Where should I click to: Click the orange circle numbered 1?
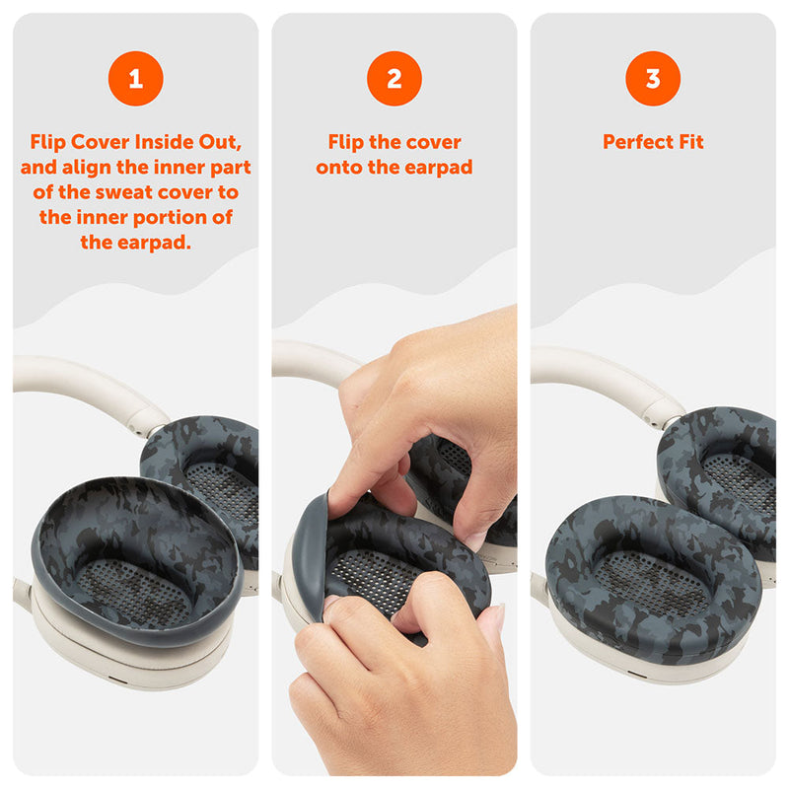pyautogui.click(x=136, y=79)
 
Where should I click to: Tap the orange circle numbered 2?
pyautogui.click(x=394, y=79)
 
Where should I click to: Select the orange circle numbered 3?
pyautogui.click(x=653, y=79)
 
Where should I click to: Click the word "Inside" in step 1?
pyautogui.click(x=164, y=142)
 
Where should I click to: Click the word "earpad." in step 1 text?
pyautogui.click(x=155, y=243)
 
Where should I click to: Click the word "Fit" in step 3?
pyautogui.click(x=691, y=142)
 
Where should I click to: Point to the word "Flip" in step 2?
pyautogui.click(x=346, y=142)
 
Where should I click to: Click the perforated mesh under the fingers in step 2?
pyautogui.click(x=370, y=579)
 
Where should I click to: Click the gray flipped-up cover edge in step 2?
pyautogui.click(x=309, y=553)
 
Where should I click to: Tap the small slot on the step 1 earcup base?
pyautogui.click(x=118, y=681)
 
